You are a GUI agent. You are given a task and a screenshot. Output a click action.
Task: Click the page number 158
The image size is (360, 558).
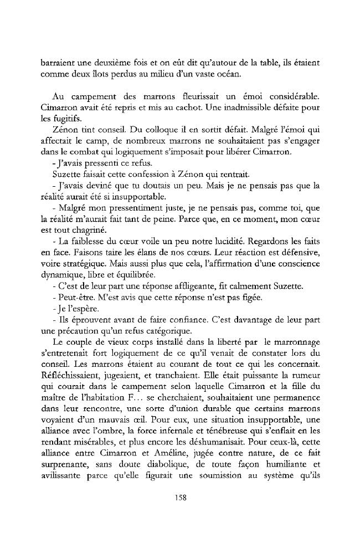180,497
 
